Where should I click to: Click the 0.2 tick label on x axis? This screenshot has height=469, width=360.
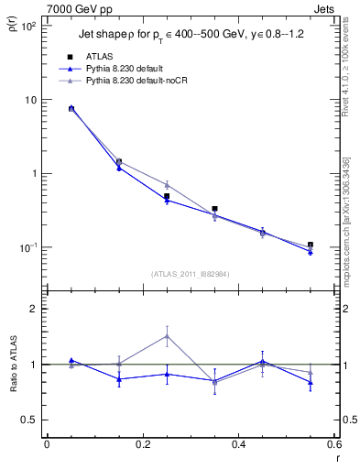pyautogui.click(x=142, y=444)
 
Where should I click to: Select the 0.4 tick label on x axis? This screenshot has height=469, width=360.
pyautogui.click(x=238, y=444)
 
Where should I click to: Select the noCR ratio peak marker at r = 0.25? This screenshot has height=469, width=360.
pyautogui.click(x=167, y=335)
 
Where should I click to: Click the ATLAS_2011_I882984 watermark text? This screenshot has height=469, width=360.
pyautogui.click(x=191, y=274)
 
